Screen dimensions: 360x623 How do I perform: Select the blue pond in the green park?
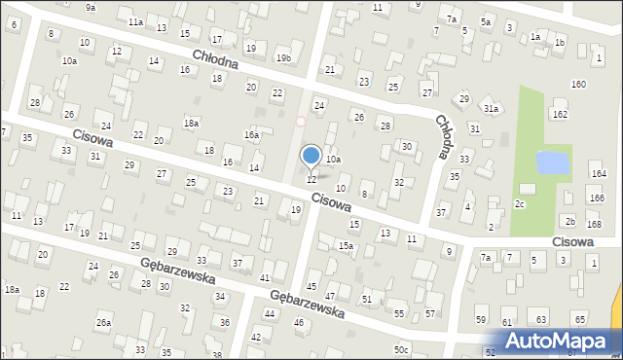tap(553, 162)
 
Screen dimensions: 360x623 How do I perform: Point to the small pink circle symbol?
tap(301, 122)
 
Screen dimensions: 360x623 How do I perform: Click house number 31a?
tap(492, 109)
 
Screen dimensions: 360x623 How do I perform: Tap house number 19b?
tap(282, 58)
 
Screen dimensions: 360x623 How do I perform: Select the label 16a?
tap(251, 134)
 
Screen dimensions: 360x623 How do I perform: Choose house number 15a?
tap(346, 246)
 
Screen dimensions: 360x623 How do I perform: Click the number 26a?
tap(103, 322)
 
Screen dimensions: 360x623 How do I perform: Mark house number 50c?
tap(402, 349)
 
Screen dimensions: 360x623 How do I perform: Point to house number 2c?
tap(520, 204)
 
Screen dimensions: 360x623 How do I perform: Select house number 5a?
tap(486, 20)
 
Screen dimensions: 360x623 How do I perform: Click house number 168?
tap(594, 225)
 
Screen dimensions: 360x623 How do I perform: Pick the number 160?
tap(578, 85)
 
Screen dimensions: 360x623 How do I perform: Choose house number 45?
tap(311, 285)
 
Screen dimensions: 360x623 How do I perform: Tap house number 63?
tap(541, 319)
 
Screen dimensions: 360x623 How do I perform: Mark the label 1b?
tap(559, 43)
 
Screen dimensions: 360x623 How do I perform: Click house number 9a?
tap(91, 7)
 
